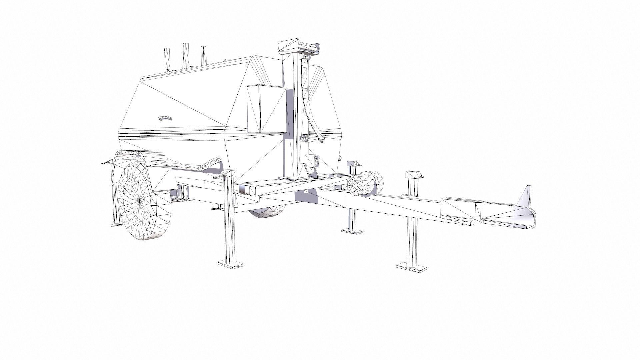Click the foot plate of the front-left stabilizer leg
(x=230, y=264)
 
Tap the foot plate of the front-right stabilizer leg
(x=412, y=267)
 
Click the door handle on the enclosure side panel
(x=165, y=118)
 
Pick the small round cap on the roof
(x=227, y=60)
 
